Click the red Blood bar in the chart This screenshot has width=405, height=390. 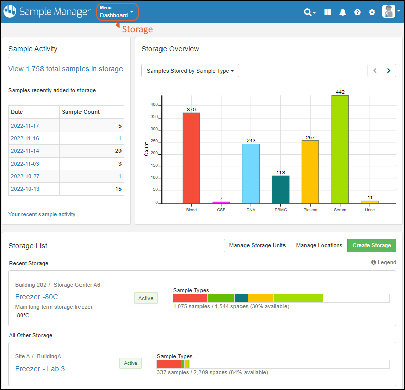tap(191, 158)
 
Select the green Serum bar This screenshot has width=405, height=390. tap(340, 149)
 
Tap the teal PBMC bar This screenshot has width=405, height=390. tap(280, 189)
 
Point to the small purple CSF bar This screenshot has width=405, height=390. tap(221, 202)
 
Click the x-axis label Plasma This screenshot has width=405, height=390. tap(310, 210)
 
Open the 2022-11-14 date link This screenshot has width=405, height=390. tap(25, 151)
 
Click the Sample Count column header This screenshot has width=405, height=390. tap(80, 112)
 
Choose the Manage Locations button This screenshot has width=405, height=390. tap(319, 245)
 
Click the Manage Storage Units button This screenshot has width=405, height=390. tap(257, 245)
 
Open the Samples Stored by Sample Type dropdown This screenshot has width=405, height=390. tap(190, 71)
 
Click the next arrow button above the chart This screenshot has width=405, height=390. tap(389, 71)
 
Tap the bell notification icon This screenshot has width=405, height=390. tap(343, 12)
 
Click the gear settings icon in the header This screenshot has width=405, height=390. tap(372, 12)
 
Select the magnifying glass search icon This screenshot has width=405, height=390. tap(308, 12)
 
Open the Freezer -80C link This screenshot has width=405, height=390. tap(36, 297)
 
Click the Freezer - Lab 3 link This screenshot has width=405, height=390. tap(40, 369)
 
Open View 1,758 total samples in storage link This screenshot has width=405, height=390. tap(65, 69)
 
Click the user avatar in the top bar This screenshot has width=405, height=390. tap(389, 12)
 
